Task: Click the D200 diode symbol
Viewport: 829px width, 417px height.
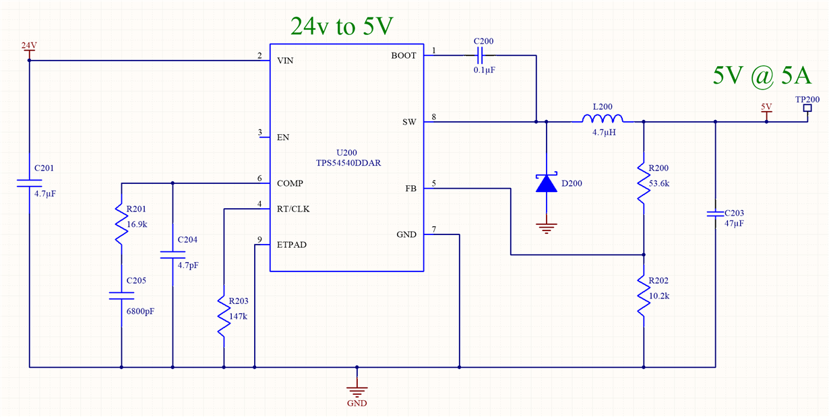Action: [546, 183]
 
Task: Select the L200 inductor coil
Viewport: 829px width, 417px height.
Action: [602, 119]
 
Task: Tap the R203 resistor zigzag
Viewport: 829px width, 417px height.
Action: [224, 316]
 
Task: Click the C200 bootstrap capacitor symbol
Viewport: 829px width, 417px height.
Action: [480, 55]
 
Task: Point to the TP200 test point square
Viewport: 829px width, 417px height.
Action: [807, 108]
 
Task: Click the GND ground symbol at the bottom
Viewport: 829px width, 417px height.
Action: [357, 391]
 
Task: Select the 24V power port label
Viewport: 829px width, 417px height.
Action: [29, 46]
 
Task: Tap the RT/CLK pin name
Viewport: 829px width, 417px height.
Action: [293, 209]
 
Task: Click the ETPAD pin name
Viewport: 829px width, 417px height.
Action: [292, 245]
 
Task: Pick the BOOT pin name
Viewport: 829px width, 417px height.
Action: [404, 55]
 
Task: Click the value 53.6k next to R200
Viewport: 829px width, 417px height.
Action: [659, 183]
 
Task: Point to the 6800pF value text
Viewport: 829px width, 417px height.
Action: [140, 311]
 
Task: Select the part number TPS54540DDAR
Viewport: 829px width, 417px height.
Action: [348, 163]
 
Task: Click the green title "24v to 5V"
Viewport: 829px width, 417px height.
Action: [342, 26]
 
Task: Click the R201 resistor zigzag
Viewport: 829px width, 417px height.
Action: [121, 224]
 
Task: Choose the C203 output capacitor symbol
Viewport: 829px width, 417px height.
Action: [715, 214]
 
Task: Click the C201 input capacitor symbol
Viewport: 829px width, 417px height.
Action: [29, 183]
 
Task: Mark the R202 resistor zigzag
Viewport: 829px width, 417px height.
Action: [644, 296]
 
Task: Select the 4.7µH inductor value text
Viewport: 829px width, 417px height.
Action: [604, 133]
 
